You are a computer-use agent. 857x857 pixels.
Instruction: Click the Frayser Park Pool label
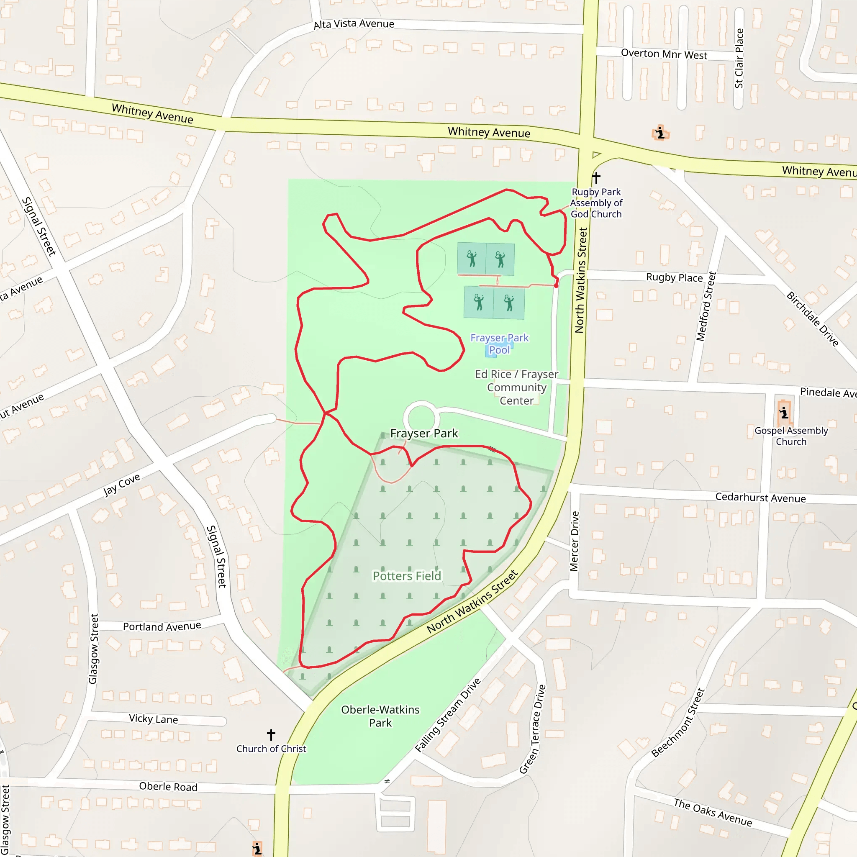(500, 344)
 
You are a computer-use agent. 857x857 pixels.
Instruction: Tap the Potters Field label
(407, 576)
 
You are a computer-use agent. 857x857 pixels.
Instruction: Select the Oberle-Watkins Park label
(380, 716)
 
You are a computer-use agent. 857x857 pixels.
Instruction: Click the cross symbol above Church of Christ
(271, 734)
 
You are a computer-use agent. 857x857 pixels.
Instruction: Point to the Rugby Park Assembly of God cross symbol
(596, 178)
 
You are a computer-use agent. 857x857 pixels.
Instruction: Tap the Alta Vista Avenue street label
(354, 24)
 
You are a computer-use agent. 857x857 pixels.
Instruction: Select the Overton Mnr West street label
(664, 54)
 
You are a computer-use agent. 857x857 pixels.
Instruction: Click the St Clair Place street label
(739, 58)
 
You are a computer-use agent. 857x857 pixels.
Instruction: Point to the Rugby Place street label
(674, 278)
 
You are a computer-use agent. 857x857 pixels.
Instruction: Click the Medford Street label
(706, 306)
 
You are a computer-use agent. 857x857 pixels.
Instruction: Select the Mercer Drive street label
(575, 541)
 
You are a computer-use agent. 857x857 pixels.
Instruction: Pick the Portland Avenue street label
(162, 626)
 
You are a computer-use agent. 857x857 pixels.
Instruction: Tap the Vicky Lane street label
(154, 718)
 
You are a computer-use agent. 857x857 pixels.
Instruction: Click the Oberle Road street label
(168, 786)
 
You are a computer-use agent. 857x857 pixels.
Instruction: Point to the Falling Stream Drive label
(448, 715)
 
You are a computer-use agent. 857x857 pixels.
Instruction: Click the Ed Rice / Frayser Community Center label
(517, 387)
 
